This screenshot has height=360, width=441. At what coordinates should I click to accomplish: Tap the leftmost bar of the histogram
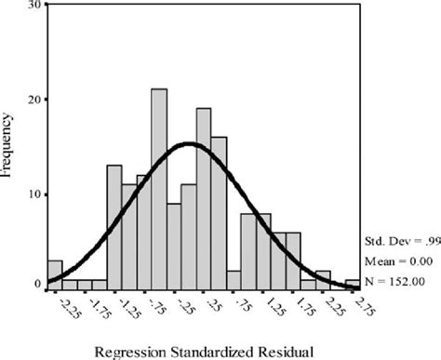coord(55,274)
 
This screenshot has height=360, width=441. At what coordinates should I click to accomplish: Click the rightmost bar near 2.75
coord(353,284)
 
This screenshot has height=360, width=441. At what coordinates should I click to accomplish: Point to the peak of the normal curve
coord(189,143)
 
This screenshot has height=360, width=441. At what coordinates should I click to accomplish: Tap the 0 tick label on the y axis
coord(37,284)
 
